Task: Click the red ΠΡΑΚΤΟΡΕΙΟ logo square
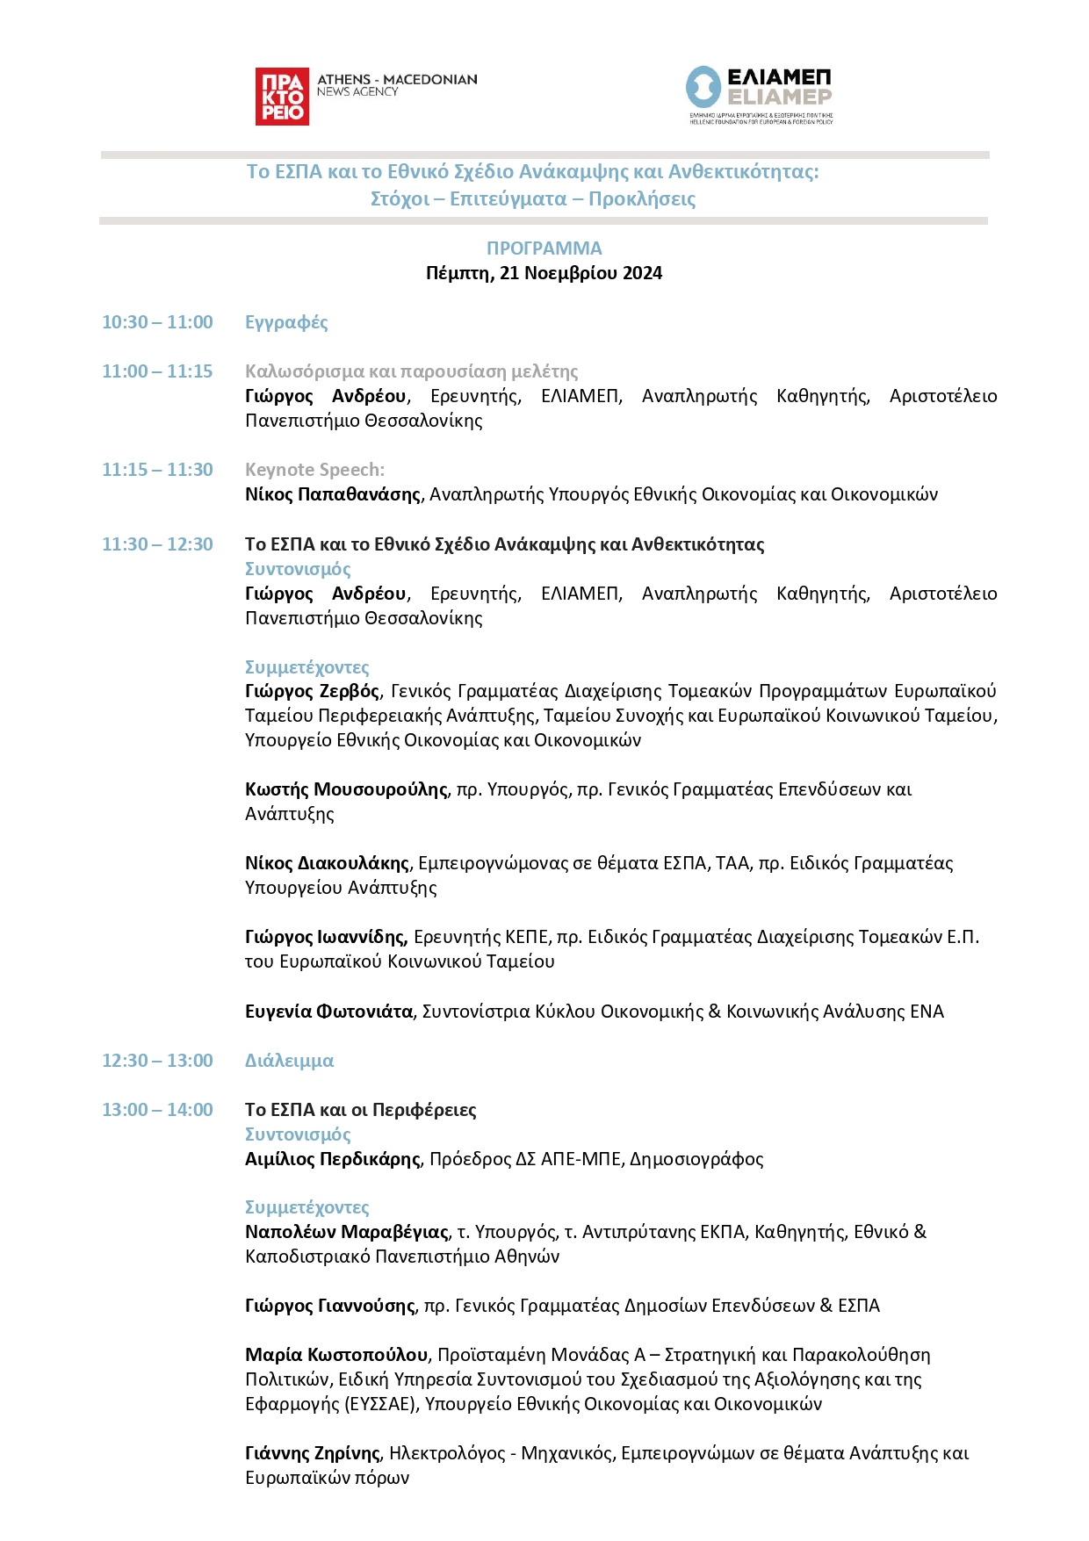coord(282,97)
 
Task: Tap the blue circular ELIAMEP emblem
coord(703,88)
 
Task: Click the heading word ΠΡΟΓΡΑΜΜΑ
coord(544,248)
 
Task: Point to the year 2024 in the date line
coord(642,273)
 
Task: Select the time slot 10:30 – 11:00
coord(157,322)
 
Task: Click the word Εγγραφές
coord(286,322)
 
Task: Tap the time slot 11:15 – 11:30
coord(157,470)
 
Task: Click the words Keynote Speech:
coord(314,470)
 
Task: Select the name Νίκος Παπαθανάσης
coord(333,494)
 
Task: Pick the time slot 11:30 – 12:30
coord(157,544)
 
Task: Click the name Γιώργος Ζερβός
coord(312,691)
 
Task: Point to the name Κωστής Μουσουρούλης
coord(346,789)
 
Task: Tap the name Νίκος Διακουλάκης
coord(327,863)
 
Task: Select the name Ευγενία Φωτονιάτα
coord(328,1012)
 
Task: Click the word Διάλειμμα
coord(289,1061)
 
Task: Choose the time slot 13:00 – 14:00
coord(157,1110)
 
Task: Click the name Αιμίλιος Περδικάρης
coord(333,1159)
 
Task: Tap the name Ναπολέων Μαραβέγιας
coord(347,1232)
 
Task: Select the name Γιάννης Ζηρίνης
coord(313,1453)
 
